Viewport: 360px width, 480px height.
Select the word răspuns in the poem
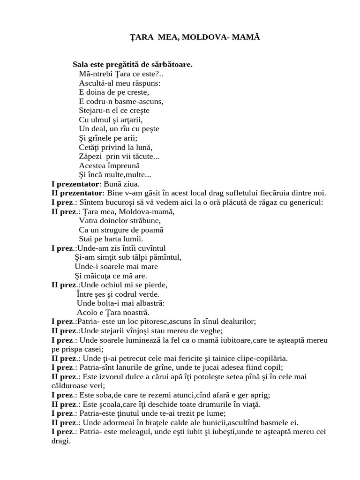click(x=134, y=83)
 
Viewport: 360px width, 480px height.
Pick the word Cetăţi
click(x=90, y=147)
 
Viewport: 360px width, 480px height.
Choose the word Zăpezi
click(x=91, y=157)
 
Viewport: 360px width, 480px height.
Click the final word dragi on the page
click(x=60, y=441)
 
